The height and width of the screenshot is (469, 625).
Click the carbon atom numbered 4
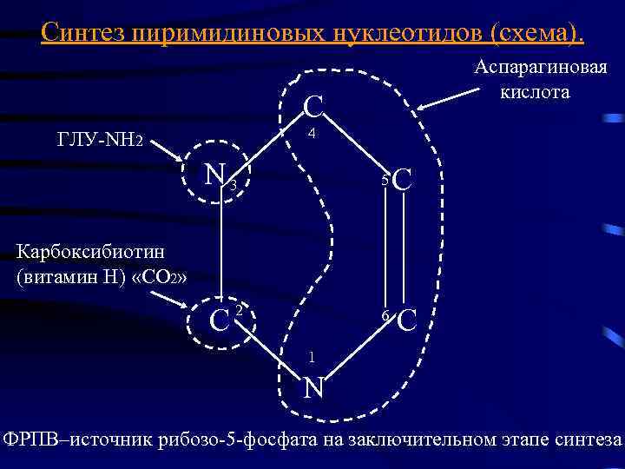point(313,109)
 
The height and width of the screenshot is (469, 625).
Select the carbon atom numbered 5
point(403,182)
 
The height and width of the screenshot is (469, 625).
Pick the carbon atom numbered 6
point(406,321)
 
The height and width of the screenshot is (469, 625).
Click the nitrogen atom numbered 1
point(313,386)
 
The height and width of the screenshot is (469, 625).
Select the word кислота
point(535,91)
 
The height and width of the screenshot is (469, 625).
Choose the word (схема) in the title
point(537,32)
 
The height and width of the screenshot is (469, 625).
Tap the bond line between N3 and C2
point(220,252)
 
